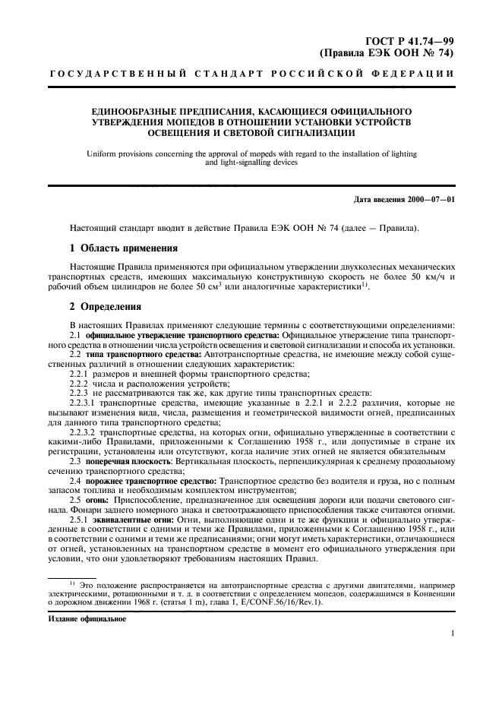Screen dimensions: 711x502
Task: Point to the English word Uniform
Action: (x=103, y=153)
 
